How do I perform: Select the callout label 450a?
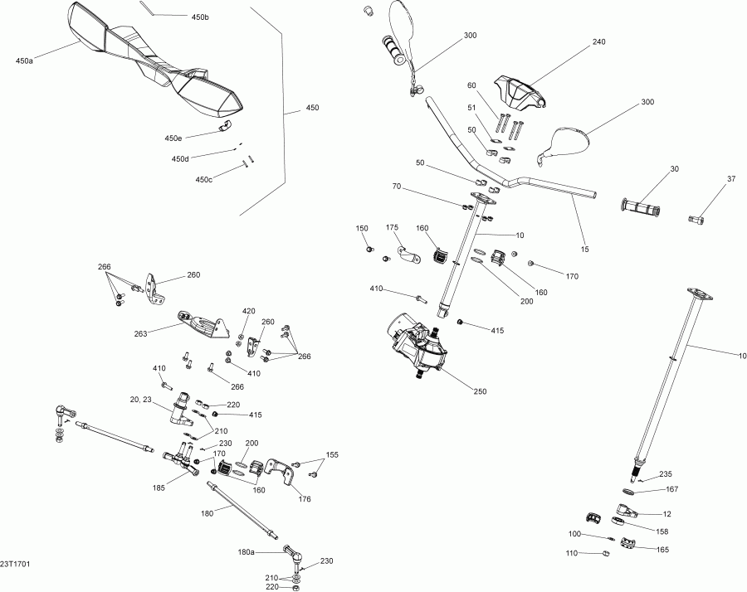[24, 61]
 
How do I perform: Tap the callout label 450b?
[200, 17]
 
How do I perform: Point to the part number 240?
[599, 41]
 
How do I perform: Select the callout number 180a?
[247, 551]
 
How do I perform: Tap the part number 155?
[332, 454]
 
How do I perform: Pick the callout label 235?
[665, 474]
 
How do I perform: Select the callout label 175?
[393, 227]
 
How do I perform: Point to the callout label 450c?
[203, 179]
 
